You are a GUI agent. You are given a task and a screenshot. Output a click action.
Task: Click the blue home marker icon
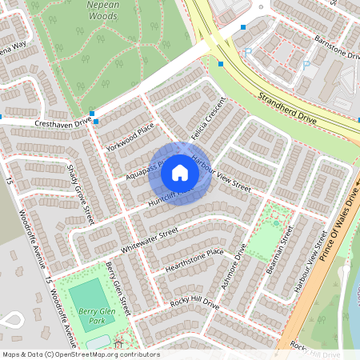[180, 173]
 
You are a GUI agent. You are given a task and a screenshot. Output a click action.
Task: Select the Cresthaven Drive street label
[63, 123]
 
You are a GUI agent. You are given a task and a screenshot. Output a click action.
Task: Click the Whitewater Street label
[148, 241]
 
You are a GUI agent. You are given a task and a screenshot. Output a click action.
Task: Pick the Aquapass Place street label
[143, 169]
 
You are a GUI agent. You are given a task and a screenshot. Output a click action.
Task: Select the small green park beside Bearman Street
[268, 232]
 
